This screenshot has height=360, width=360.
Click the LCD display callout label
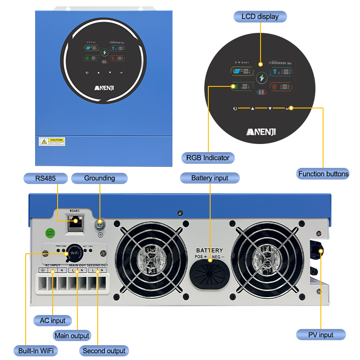(x=260, y=17)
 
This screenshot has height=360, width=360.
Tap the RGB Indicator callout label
(x=207, y=157)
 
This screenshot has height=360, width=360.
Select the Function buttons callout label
(x=323, y=174)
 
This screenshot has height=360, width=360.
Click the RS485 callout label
(x=45, y=178)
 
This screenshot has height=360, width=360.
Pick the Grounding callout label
(x=99, y=178)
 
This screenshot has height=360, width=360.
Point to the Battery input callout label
(x=210, y=178)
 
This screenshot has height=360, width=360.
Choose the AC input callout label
(x=52, y=321)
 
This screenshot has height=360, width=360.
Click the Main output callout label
(x=72, y=336)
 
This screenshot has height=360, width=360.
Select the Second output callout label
(x=104, y=351)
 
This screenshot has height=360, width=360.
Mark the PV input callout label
(x=321, y=335)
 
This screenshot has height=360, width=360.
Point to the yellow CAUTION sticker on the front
(x=53, y=142)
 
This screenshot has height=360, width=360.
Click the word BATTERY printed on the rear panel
(x=209, y=250)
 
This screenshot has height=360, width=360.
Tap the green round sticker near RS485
(x=51, y=233)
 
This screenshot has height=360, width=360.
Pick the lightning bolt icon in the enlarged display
(x=261, y=78)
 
